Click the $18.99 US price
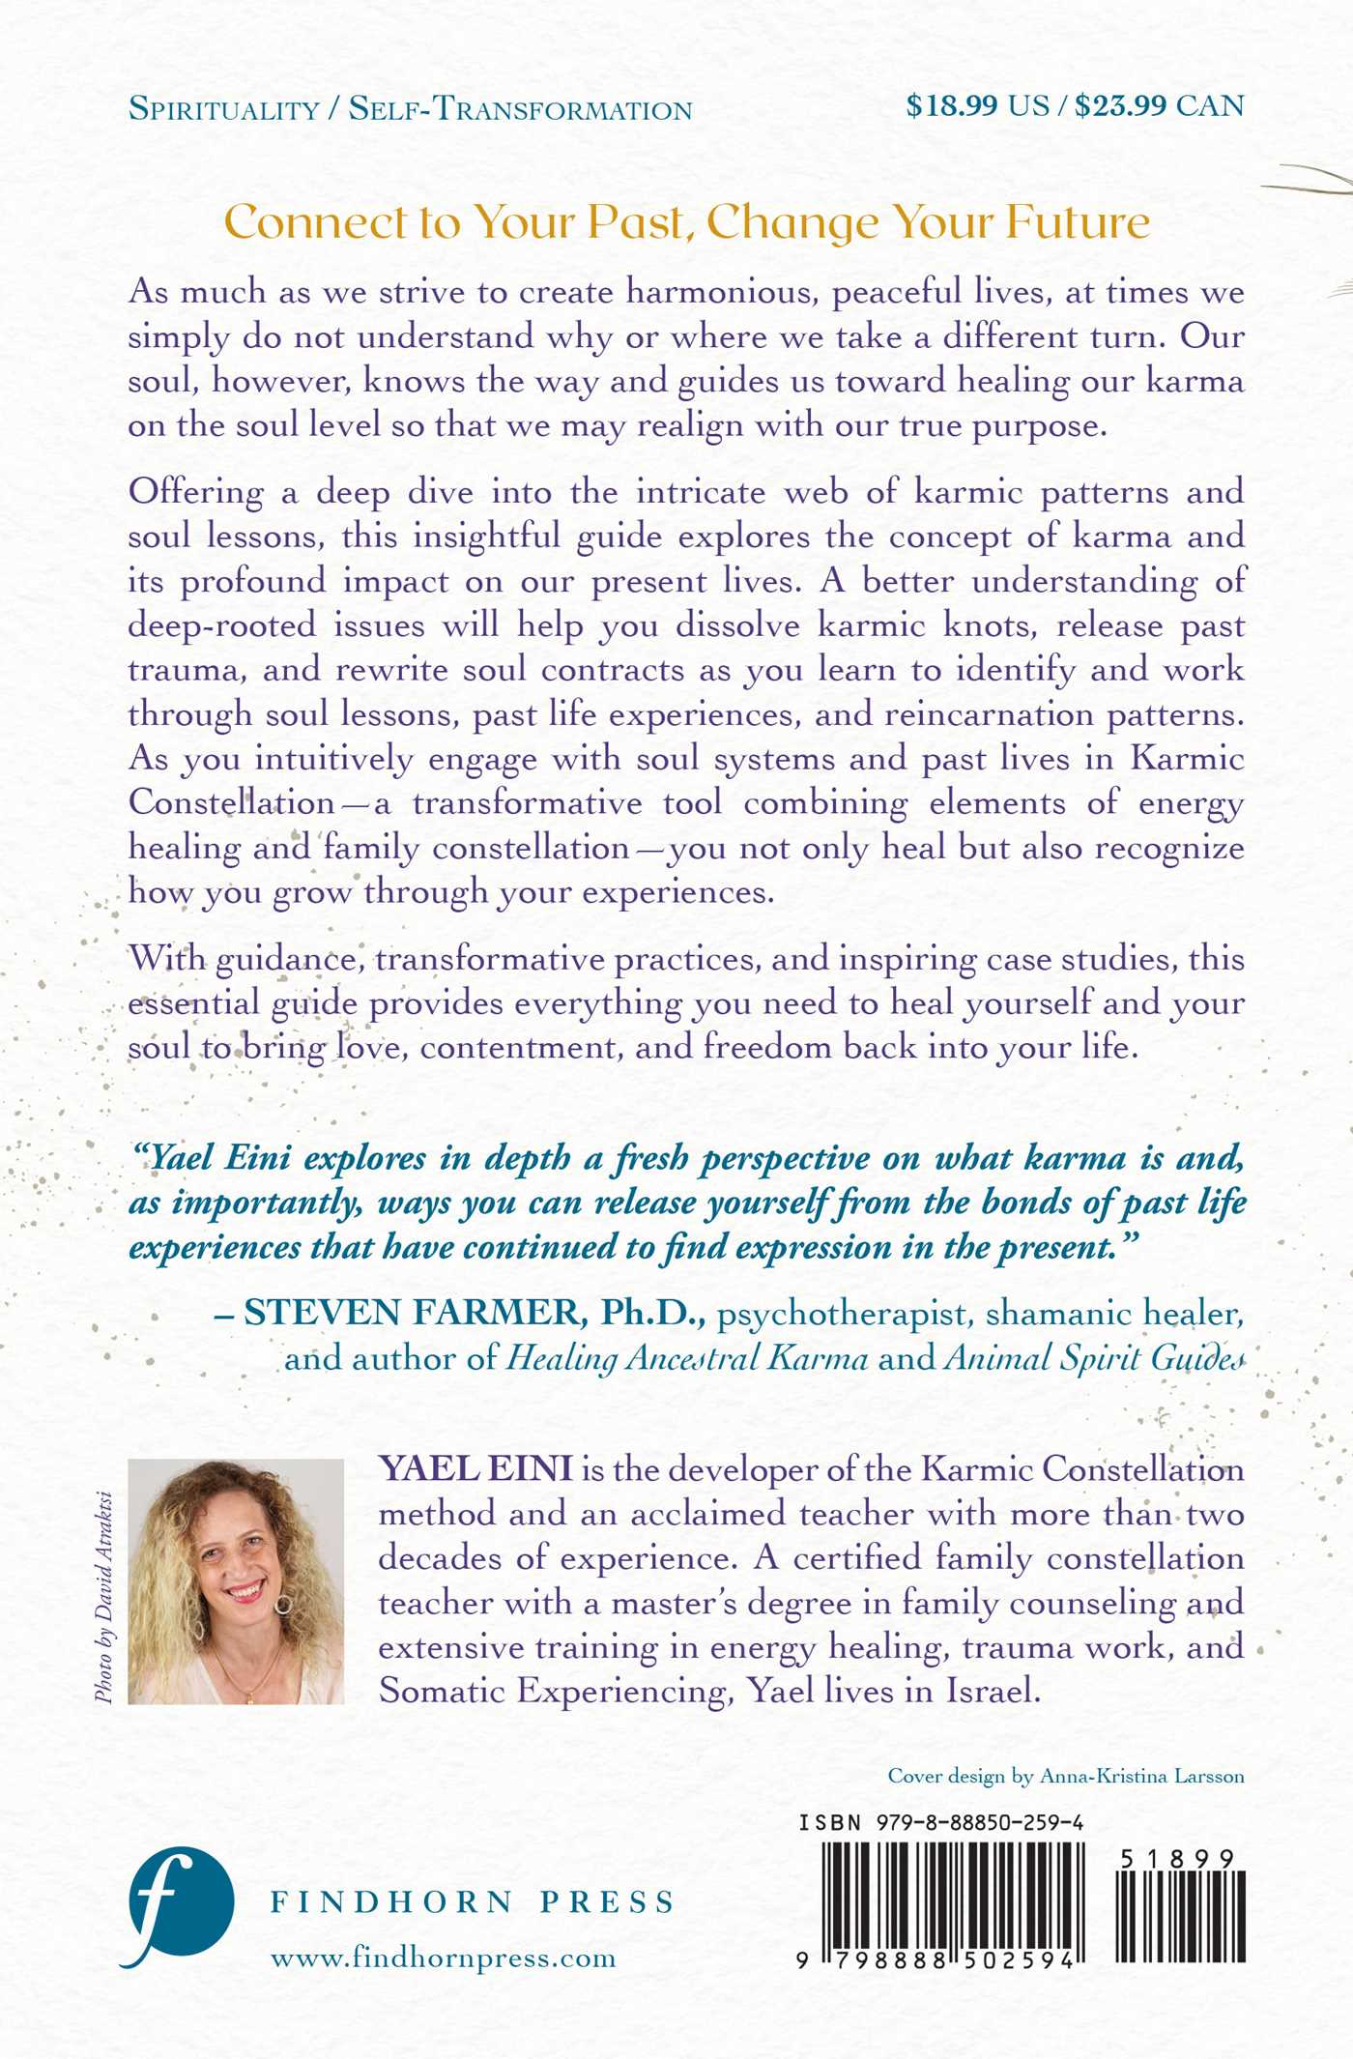[x=977, y=105]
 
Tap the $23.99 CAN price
[x=1160, y=105]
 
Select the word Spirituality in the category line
[x=223, y=109]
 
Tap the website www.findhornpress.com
[x=443, y=1957]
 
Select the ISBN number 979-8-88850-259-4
[x=980, y=1822]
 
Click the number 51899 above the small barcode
[x=1177, y=1859]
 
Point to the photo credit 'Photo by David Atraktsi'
[x=104, y=1596]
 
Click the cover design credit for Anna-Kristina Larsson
[x=1066, y=1776]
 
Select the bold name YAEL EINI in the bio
[x=475, y=1468]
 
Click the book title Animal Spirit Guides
[x=1094, y=1358]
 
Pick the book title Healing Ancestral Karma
[x=688, y=1358]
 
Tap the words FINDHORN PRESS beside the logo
[x=473, y=1902]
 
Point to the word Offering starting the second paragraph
[x=196, y=492]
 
